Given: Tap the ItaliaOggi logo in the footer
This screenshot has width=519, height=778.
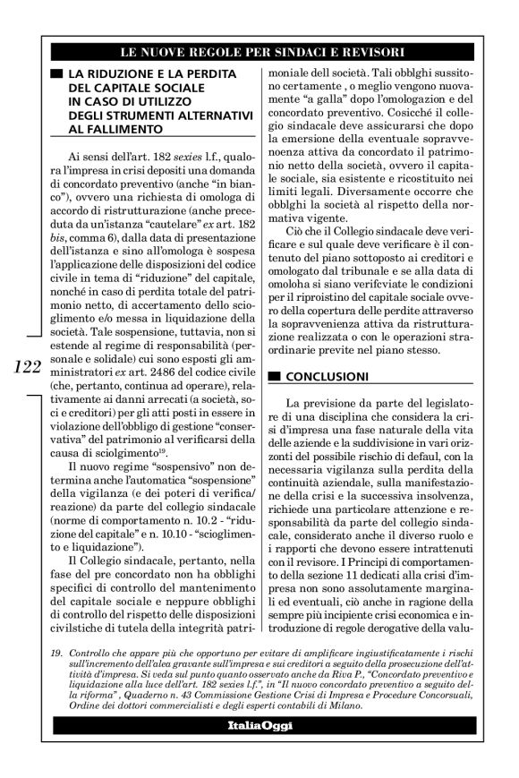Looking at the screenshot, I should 259,748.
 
